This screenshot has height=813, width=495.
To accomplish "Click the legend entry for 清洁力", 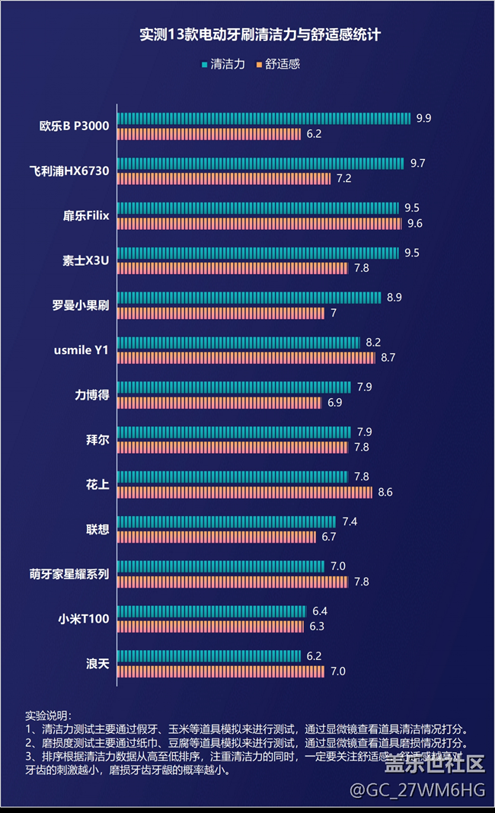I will (x=224, y=65).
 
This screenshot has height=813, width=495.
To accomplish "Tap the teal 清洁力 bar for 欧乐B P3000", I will (x=264, y=118).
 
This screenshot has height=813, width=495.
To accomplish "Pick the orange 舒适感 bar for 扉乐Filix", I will (x=260, y=223).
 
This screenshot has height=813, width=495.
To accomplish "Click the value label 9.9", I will (x=423, y=118).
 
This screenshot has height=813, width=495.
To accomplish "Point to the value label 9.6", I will (x=415, y=223).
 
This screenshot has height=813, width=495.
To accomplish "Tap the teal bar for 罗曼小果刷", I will (x=249, y=298).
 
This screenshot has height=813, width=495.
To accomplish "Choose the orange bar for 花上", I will (x=245, y=492).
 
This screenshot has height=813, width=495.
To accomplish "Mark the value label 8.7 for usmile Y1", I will (x=388, y=357).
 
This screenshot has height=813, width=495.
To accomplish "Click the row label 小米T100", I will (x=85, y=619).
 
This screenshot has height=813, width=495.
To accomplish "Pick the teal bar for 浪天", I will (x=209, y=655).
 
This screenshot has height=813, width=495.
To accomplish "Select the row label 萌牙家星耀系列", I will (x=69, y=574).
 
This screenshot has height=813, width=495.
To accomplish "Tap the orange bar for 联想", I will (x=217, y=537).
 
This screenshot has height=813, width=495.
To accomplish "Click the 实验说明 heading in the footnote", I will (x=47, y=716).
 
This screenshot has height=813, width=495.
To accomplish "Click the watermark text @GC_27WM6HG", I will (x=417, y=790).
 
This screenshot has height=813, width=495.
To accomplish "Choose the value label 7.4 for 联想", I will (x=350, y=521).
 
